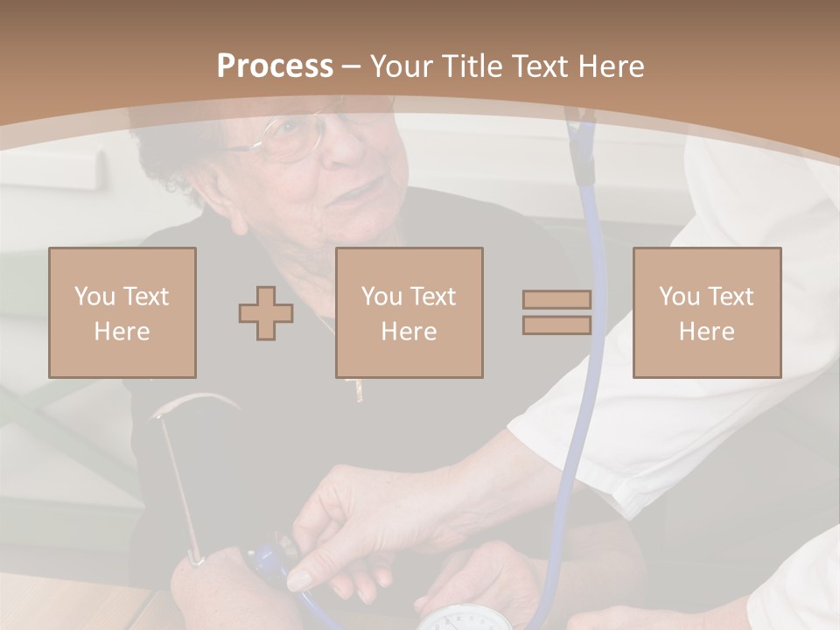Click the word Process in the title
[x=275, y=66]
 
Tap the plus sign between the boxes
[x=266, y=313]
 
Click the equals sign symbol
[x=556, y=312]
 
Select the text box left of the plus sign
[x=122, y=313]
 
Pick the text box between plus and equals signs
[x=409, y=313]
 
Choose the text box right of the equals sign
[x=707, y=313]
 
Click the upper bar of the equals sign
[x=556, y=300]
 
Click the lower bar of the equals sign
[x=556, y=325]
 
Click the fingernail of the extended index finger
[x=299, y=580]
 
